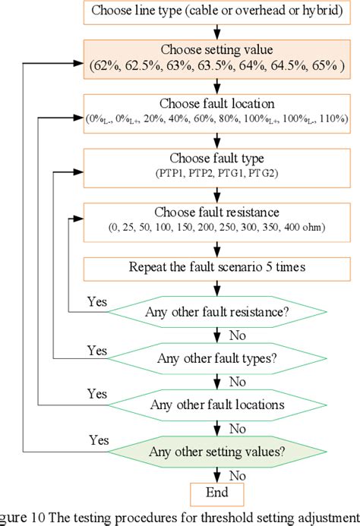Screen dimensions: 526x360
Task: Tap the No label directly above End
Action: pos(238,474)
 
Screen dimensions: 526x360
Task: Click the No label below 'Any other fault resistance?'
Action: pos(238,335)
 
